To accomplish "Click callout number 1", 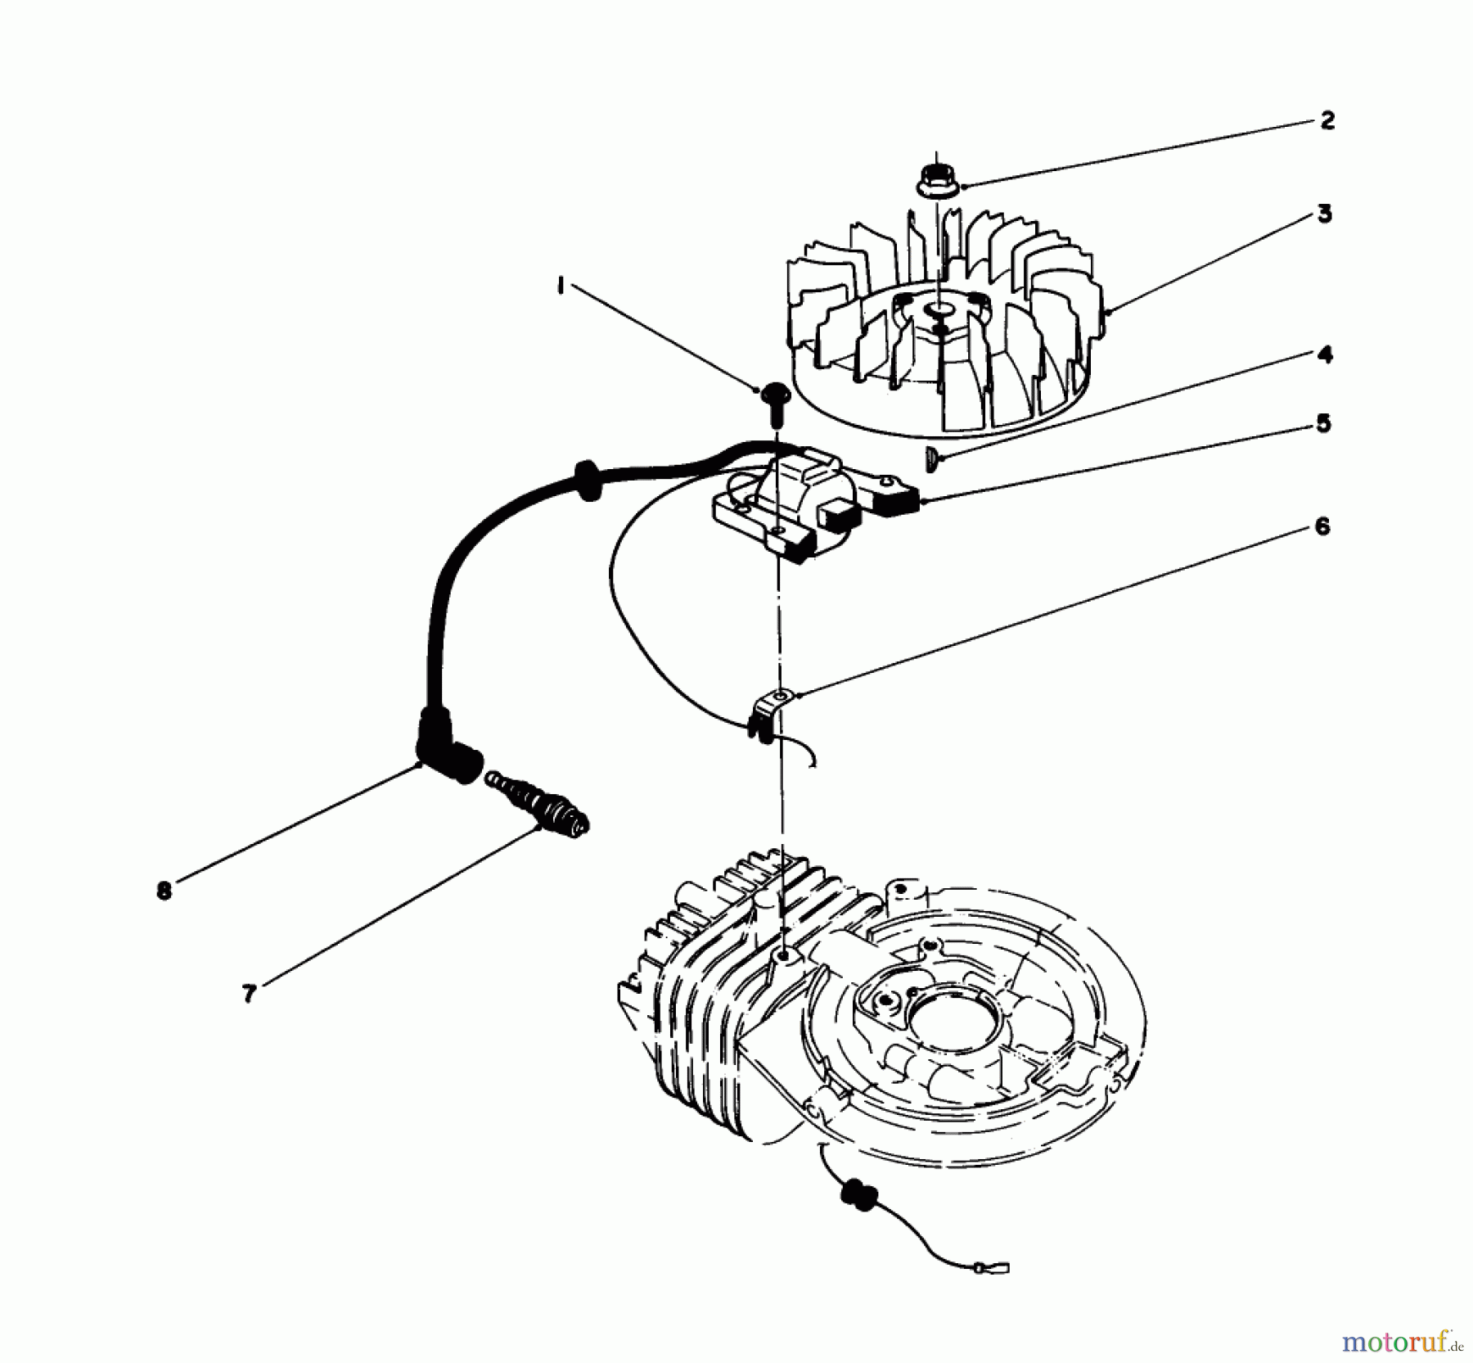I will (561, 287).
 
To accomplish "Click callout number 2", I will (1327, 121).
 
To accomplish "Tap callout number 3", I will (1325, 214).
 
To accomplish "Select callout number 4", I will (1325, 355).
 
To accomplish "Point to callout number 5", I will (1323, 424).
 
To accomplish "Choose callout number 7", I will (249, 993).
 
